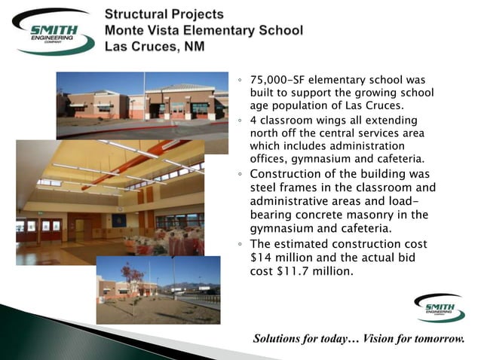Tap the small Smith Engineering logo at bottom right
(x=440, y=308)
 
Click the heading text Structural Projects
(x=164, y=14)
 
